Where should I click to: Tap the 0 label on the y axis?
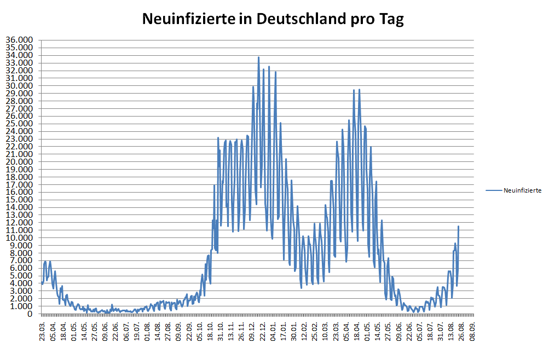31,314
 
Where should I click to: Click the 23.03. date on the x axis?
42,330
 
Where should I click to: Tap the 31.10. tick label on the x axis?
221,330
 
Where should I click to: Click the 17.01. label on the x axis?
284,330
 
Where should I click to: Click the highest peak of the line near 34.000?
258,57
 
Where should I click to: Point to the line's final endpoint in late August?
459,227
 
